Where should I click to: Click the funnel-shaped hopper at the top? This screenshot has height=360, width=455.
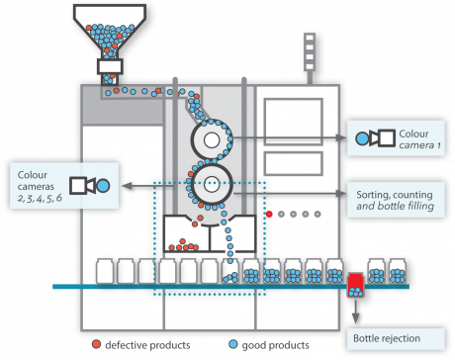(111, 30)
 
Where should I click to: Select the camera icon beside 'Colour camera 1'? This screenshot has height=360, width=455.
(372, 137)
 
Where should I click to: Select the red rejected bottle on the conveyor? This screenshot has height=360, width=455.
(354, 283)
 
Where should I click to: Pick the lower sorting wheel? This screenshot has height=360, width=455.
(210, 182)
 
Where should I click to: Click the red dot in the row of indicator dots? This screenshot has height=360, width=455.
(268, 213)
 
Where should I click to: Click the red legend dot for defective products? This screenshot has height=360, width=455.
(95, 345)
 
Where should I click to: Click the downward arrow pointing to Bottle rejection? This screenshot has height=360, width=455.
(354, 314)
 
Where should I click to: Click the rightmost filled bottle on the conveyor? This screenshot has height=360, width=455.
(398, 270)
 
